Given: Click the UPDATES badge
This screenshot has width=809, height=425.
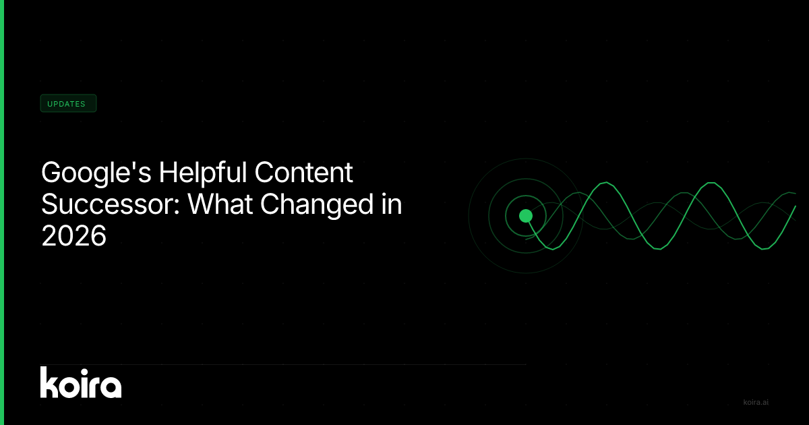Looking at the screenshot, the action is (68, 103).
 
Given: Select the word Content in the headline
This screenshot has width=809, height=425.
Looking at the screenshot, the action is (304, 172).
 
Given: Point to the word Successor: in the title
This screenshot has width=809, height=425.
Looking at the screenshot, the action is (111, 204).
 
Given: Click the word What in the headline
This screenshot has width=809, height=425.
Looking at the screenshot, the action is (220, 204).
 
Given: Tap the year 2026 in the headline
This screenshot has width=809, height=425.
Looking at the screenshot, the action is (73, 235).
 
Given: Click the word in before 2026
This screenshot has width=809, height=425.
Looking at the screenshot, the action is (392, 204).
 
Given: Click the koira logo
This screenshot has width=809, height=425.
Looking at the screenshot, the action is (81, 382).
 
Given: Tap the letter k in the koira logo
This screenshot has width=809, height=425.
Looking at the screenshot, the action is (49, 382).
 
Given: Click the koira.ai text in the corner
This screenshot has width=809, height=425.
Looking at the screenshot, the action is (756, 402).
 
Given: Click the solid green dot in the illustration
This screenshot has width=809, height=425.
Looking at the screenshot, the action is (526, 216).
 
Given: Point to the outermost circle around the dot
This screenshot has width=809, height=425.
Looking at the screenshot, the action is (469, 216).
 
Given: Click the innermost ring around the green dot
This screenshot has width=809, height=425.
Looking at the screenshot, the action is (506, 216).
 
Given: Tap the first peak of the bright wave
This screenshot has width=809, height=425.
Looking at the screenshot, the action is (605, 183).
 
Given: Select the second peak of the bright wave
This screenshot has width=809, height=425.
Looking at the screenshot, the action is (711, 183).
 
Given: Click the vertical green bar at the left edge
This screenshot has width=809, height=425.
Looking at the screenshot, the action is (2, 213).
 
